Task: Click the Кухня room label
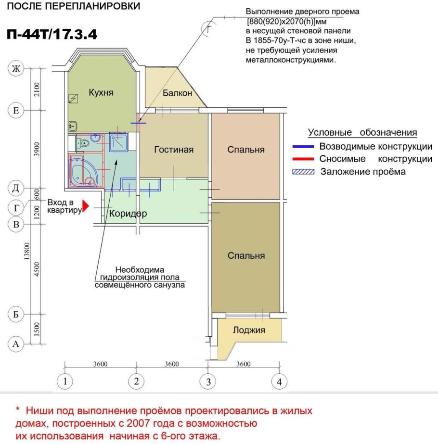tap(101, 93)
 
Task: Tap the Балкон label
tap(178, 93)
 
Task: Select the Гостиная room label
tap(174, 150)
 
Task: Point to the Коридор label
tap(128, 214)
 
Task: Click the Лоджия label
tap(249, 330)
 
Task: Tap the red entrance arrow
tap(86, 206)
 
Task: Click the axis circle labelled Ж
tap(16, 69)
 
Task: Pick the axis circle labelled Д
tap(16, 187)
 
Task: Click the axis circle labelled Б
tap(16, 315)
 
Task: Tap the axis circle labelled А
tap(16, 344)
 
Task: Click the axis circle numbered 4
tap(278, 382)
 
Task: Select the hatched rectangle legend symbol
tap(306, 172)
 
